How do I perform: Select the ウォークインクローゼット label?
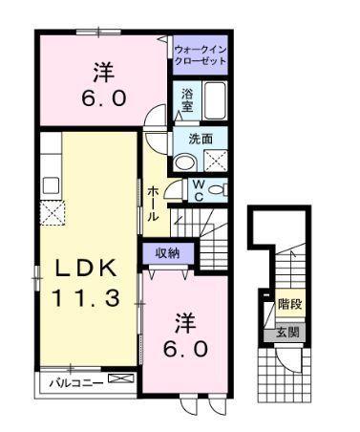click(201, 54)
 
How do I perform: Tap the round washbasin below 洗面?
click(184, 162)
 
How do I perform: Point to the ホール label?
click(154, 204)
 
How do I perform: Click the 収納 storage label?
click(169, 253)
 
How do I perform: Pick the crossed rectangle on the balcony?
click(120, 380)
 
